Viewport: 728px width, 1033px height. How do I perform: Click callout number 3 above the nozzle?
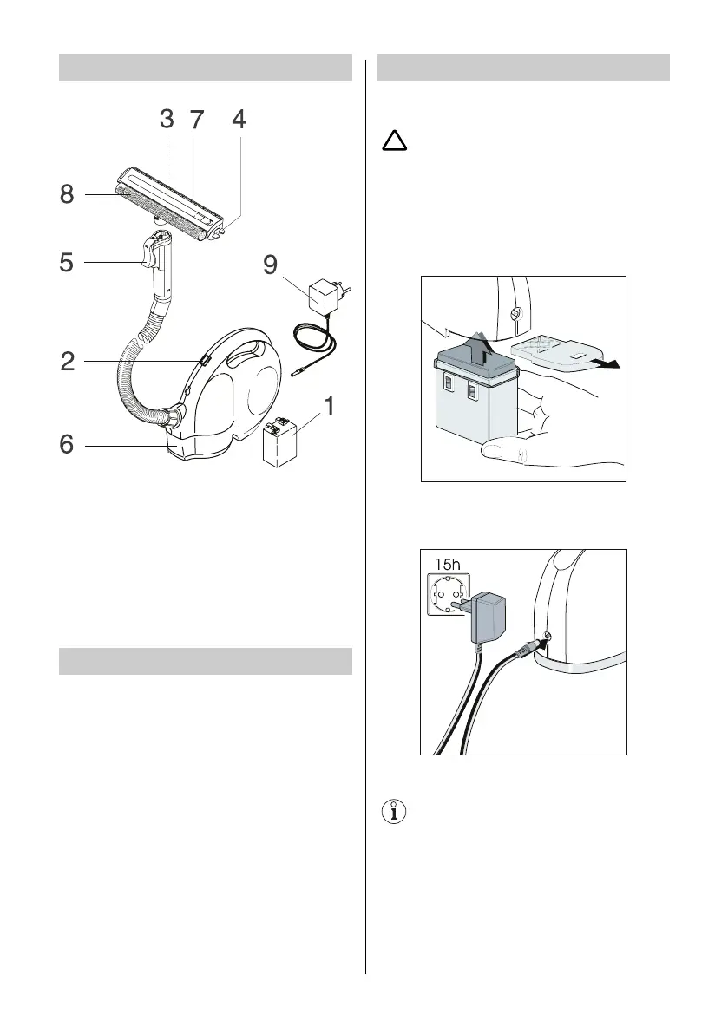coord(167,121)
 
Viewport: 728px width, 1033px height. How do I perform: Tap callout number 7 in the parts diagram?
coord(197,121)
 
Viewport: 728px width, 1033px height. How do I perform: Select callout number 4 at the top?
coord(239,121)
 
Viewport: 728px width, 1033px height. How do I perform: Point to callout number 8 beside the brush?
coord(67,195)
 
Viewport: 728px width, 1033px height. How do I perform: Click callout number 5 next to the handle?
coord(67,261)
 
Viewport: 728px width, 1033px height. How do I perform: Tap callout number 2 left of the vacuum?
coord(67,362)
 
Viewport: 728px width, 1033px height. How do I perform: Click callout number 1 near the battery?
coord(328,405)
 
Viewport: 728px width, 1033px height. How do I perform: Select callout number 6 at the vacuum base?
coord(67,445)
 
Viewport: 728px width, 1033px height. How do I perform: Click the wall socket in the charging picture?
coord(449,596)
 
